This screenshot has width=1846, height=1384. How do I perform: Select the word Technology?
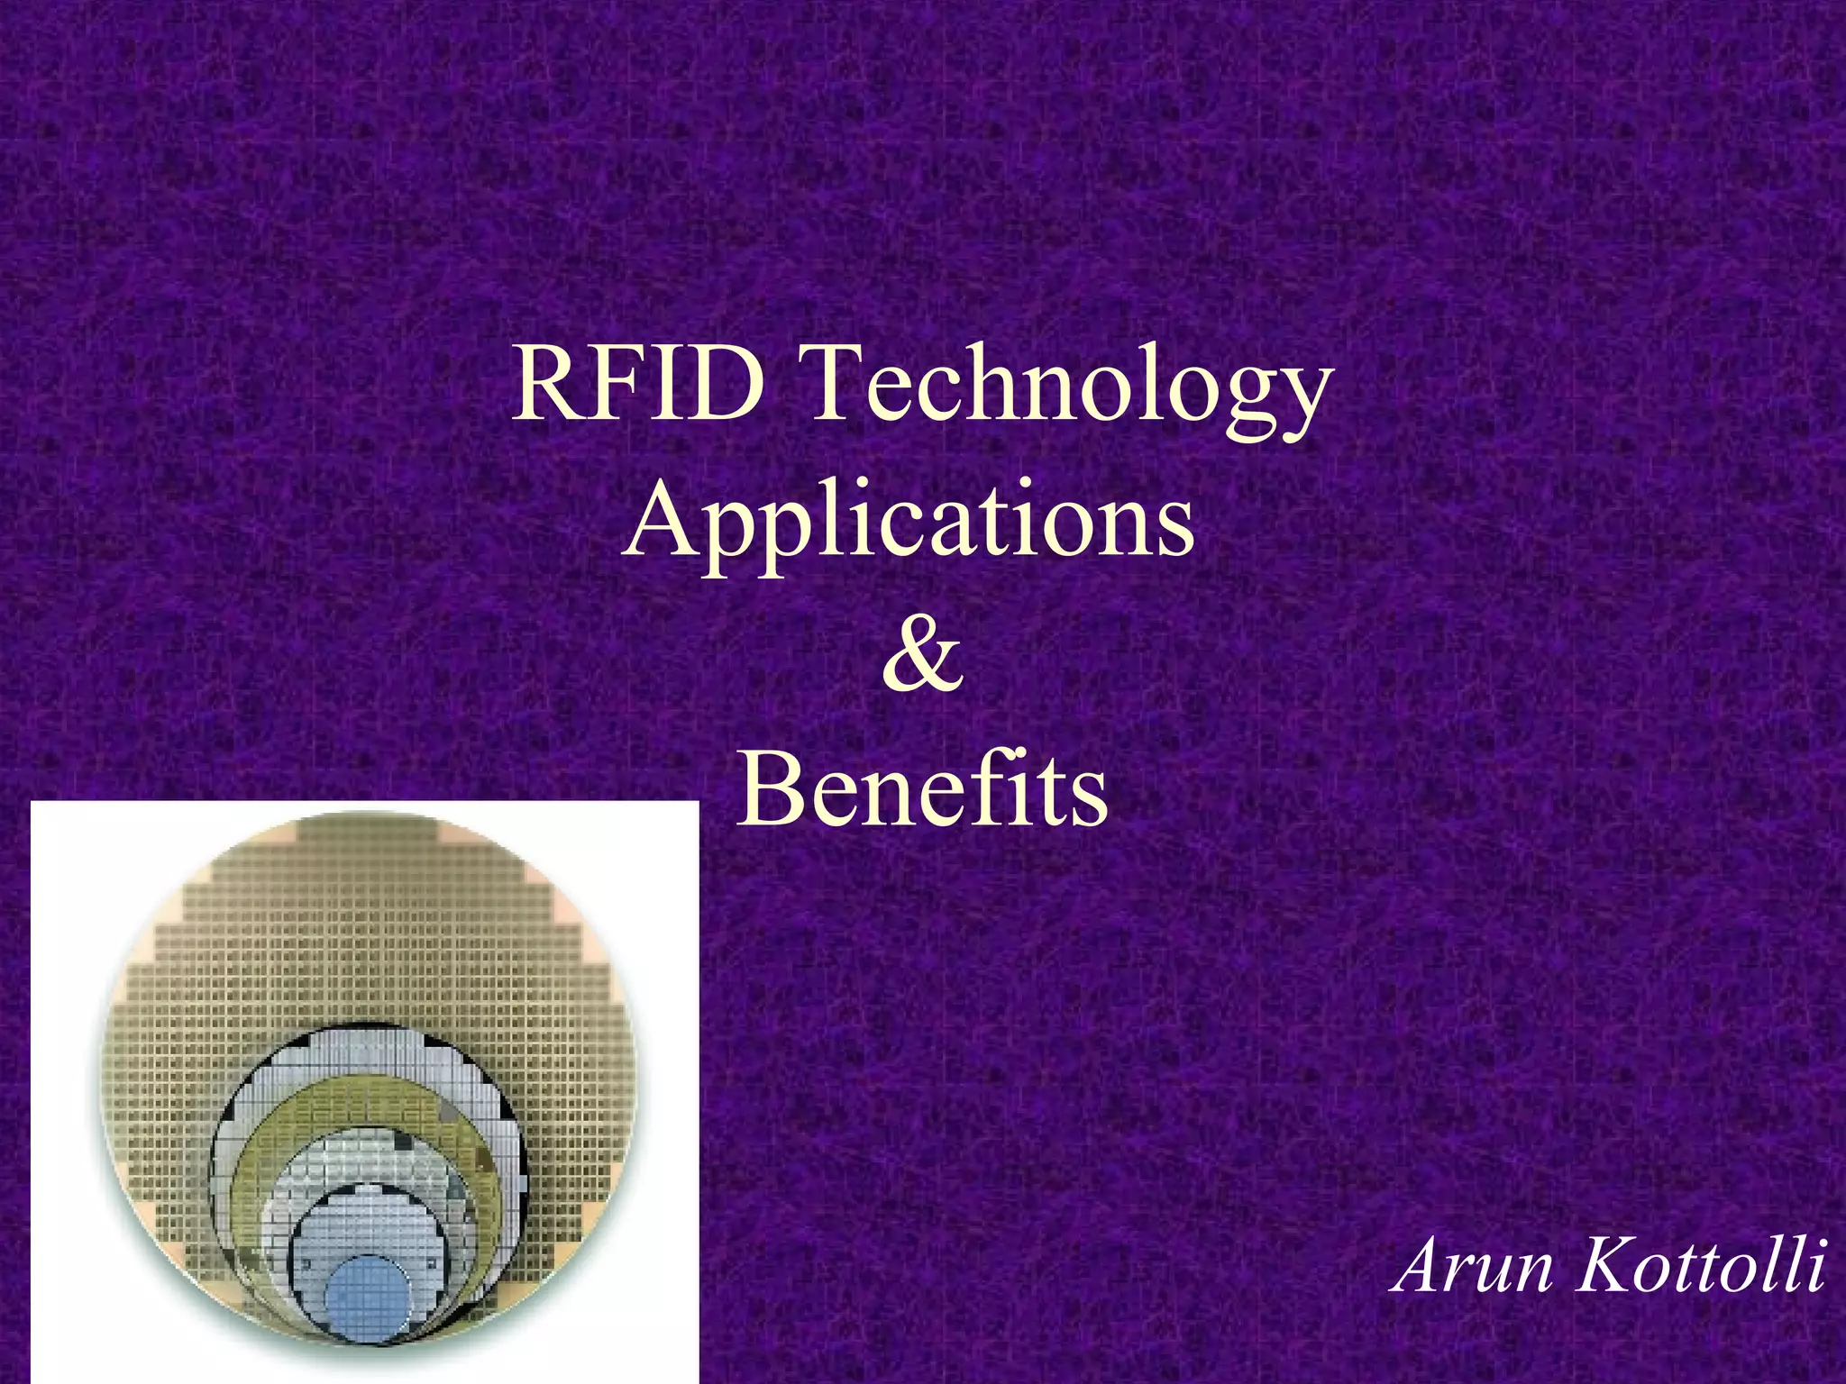coord(1069,393)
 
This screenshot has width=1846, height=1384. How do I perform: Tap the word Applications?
coord(909,523)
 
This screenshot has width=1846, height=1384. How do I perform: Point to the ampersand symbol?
coord(922,655)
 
